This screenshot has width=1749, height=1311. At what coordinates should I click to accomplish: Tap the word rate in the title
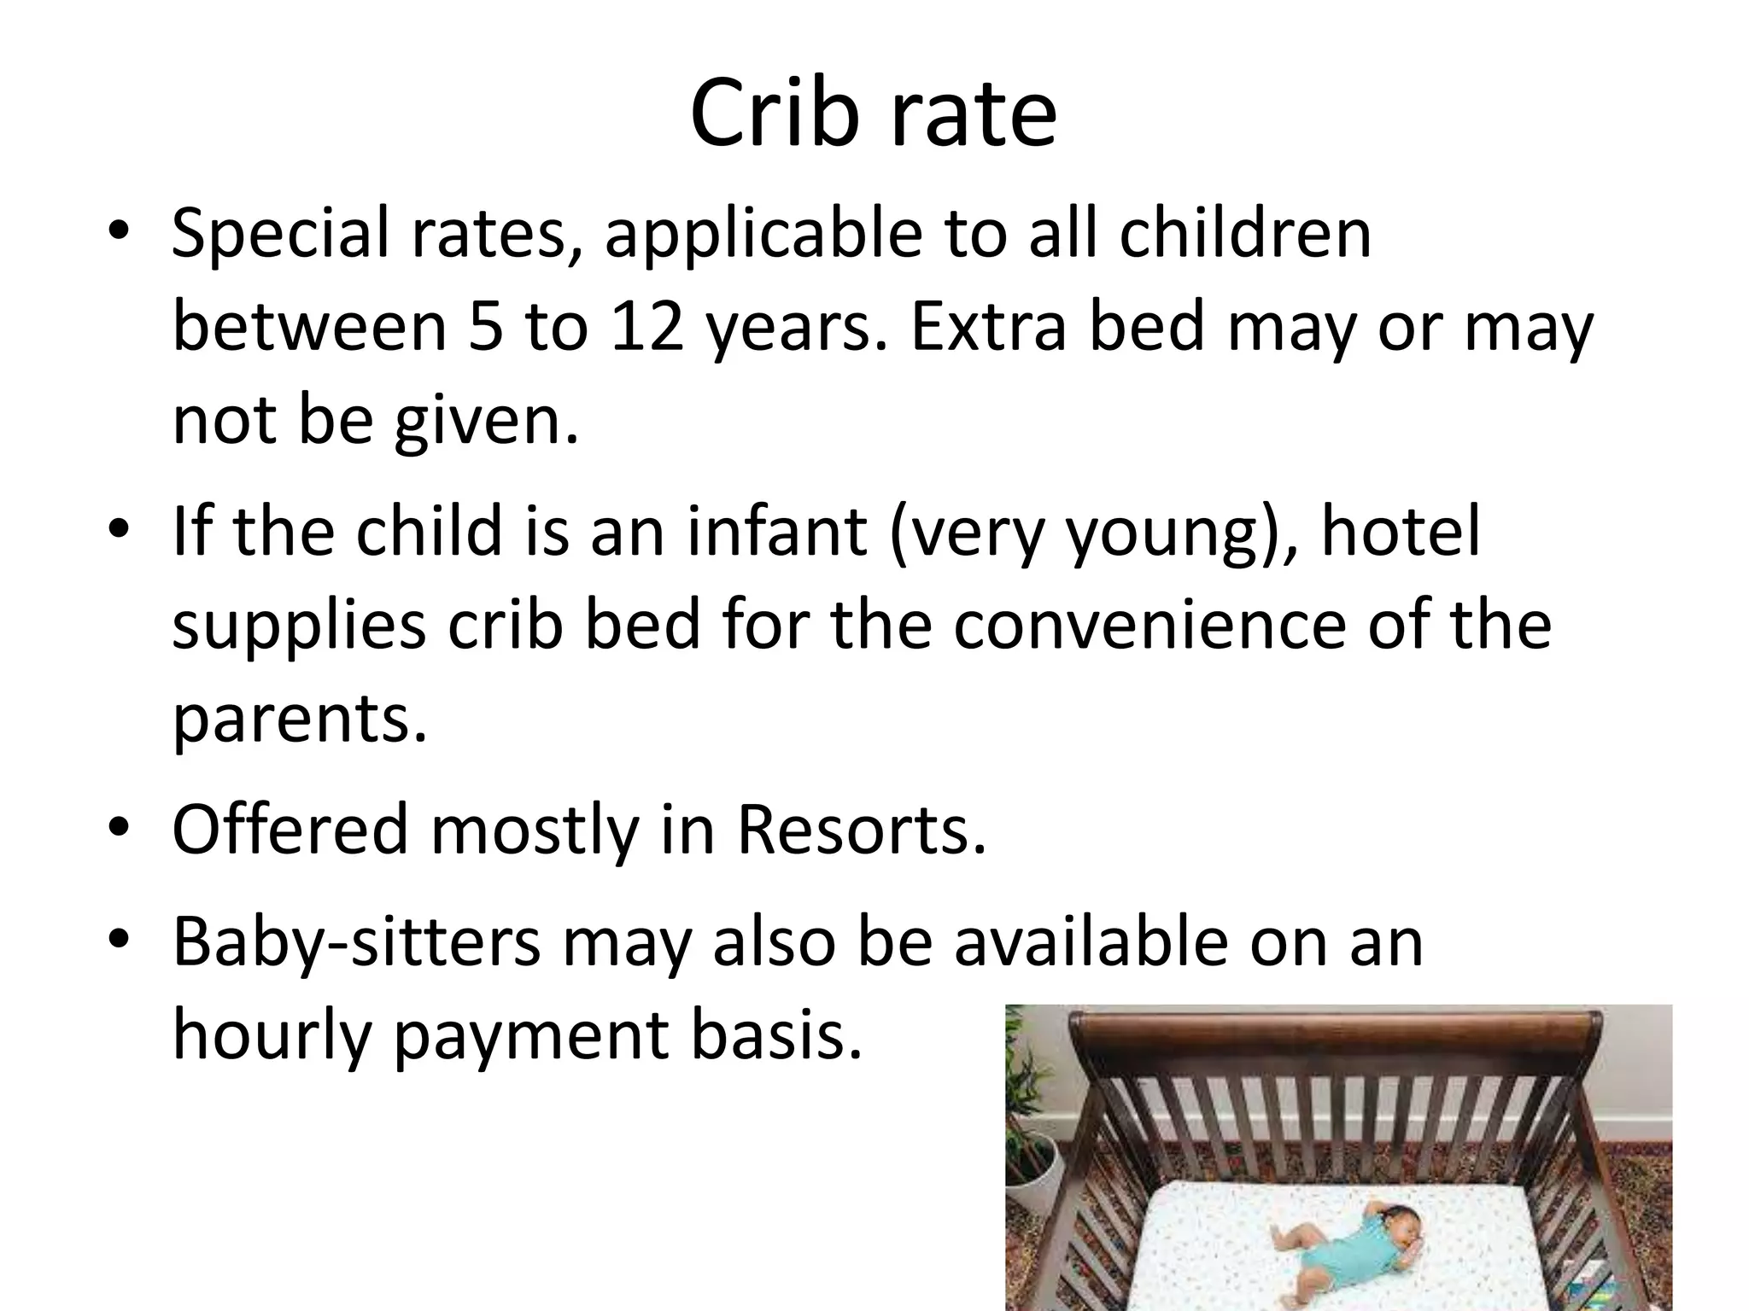pyautogui.click(x=973, y=114)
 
